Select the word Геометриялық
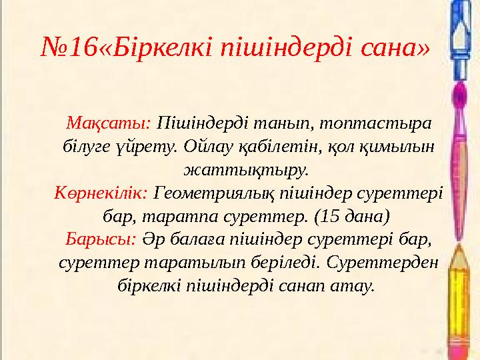click(x=207, y=193)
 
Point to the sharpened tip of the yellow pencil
click(x=459, y=251)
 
